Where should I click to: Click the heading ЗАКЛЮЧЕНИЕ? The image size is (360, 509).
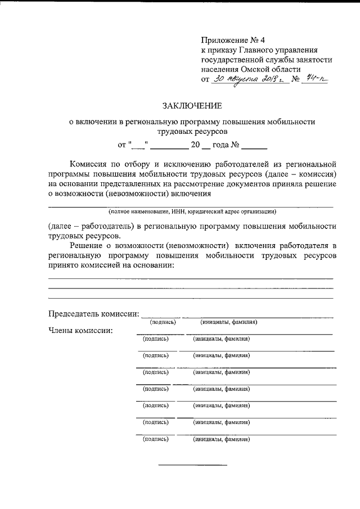tap(192, 105)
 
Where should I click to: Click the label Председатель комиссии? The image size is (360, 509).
tap(93, 313)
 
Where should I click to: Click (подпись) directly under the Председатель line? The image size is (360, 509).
tap(163, 322)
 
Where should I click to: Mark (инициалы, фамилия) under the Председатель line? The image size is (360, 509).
tap(229, 322)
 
